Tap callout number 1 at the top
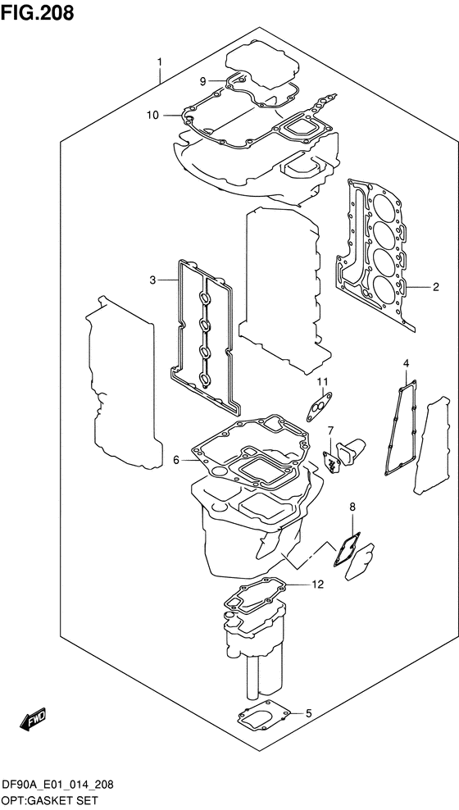click(160, 61)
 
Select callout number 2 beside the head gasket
click(436, 287)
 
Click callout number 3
click(152, 280)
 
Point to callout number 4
click(405, 363)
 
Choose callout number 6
click(175, 460)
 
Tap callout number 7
click(331, 430)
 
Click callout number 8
click(352, 507)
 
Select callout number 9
click(202, 80)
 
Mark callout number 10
click(152, 115)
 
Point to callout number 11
click(323, 381)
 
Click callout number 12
click(318, 585)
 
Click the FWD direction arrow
click(34, 719)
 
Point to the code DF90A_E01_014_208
click(57, 784)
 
